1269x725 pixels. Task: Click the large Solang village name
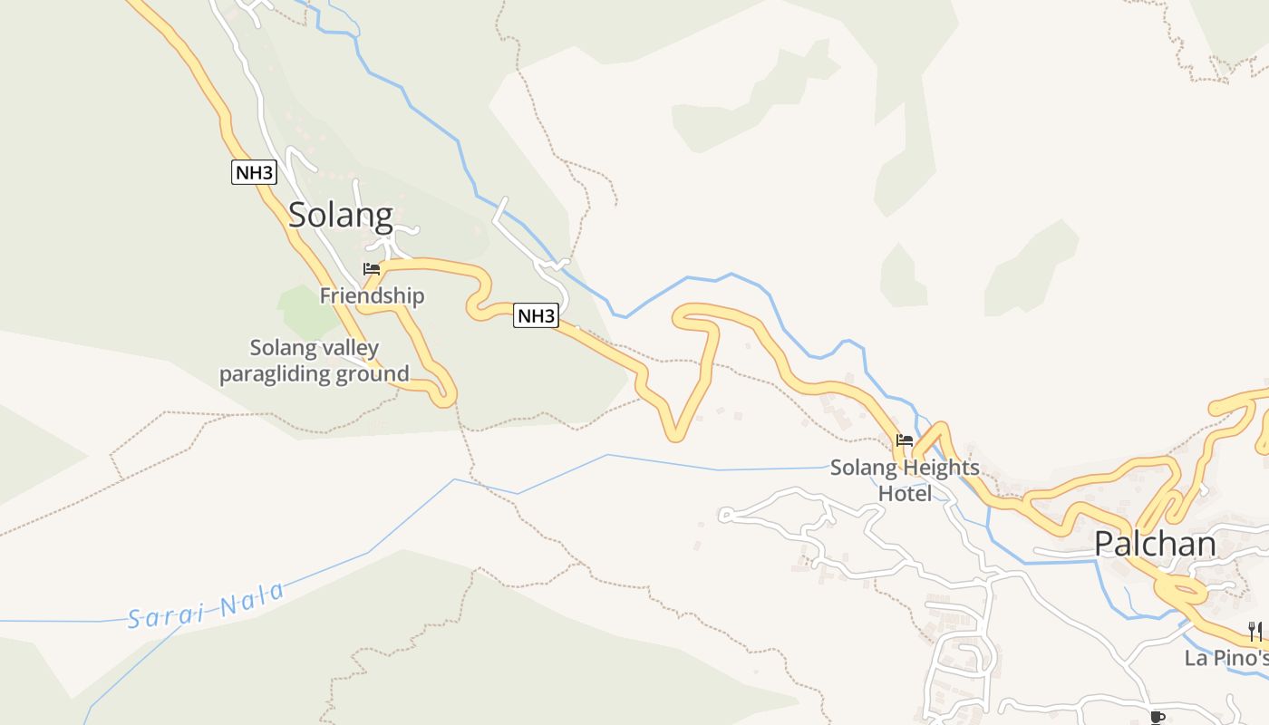pos(341,216)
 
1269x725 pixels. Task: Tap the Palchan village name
pos(1155,544)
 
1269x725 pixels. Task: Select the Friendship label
pos(372,296)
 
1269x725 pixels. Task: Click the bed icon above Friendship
pos(371,269)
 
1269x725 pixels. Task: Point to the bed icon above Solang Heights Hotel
pos(904,441)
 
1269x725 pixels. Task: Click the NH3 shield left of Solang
pos(254,172)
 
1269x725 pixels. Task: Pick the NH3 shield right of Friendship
pos(536,315)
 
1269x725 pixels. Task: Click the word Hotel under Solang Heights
pos(905,494)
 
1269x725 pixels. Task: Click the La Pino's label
pos(1225,658)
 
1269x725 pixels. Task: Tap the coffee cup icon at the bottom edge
pos(1157,718)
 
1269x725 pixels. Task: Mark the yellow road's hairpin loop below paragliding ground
pos(442,392)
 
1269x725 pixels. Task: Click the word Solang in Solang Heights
pos(862,469)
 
